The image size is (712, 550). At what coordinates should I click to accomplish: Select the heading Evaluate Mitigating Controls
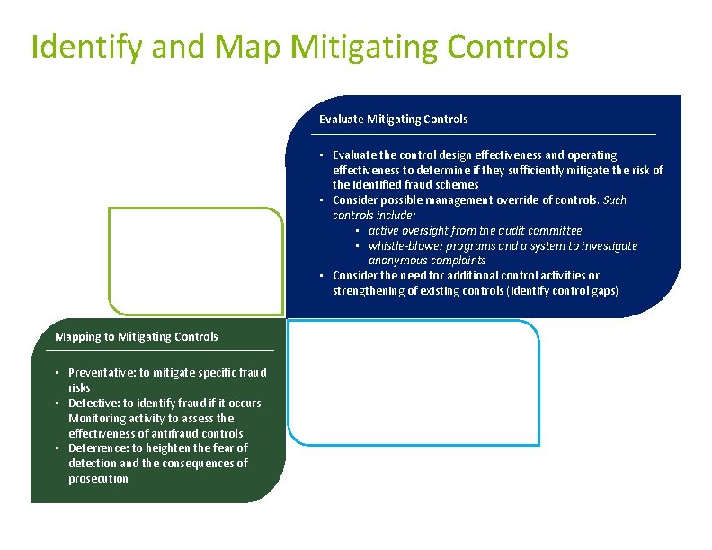(x=393, y=119)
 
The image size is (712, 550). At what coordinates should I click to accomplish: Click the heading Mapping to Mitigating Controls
(x=137, y=337)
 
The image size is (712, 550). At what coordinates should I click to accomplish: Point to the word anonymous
(x=396, y=261)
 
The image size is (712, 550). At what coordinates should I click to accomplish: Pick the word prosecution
(x=98, y=479)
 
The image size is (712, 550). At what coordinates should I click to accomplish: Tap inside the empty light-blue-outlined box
(x=413, y=382)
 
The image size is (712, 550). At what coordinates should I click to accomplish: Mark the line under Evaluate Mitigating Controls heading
(x=484, y=135)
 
